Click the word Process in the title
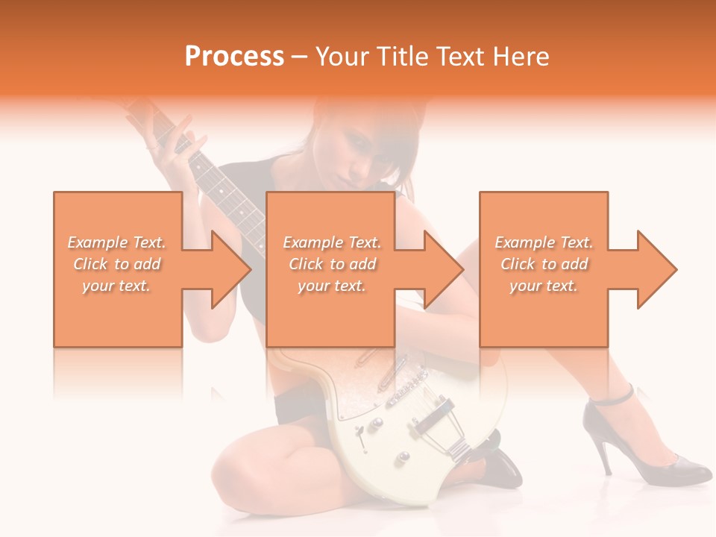[x=234, y=57]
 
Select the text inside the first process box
[x=117, y=264]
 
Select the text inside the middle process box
[x=332, y=264]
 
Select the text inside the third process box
[x=544, y=264]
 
